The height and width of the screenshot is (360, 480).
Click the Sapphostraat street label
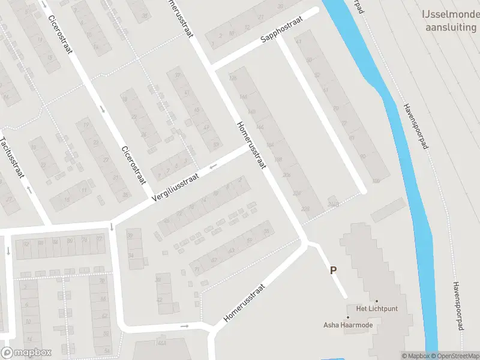click(x=282, y=29)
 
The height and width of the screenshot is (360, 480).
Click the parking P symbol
click(x=333, y=271)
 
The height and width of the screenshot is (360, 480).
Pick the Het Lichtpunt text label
click(x=377, y=308)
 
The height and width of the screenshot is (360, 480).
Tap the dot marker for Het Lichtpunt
click(x=377, y=301)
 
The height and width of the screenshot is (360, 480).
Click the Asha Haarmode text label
click(x=347, y=325)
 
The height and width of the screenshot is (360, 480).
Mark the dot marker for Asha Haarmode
click(x=347, y=317)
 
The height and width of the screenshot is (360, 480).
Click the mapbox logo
click(x=25, y=353)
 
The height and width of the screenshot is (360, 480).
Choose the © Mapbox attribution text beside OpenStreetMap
click(x=415, y=356)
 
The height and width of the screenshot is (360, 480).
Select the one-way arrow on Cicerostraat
click(x=103, y=109)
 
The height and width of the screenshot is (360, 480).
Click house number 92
click(x=26, y=243)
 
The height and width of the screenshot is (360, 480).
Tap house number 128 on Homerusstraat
click(x=233, y=77)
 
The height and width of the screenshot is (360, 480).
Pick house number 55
click(x=266, y=231)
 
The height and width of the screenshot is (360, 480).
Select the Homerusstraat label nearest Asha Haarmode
click(x=244, y=303)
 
